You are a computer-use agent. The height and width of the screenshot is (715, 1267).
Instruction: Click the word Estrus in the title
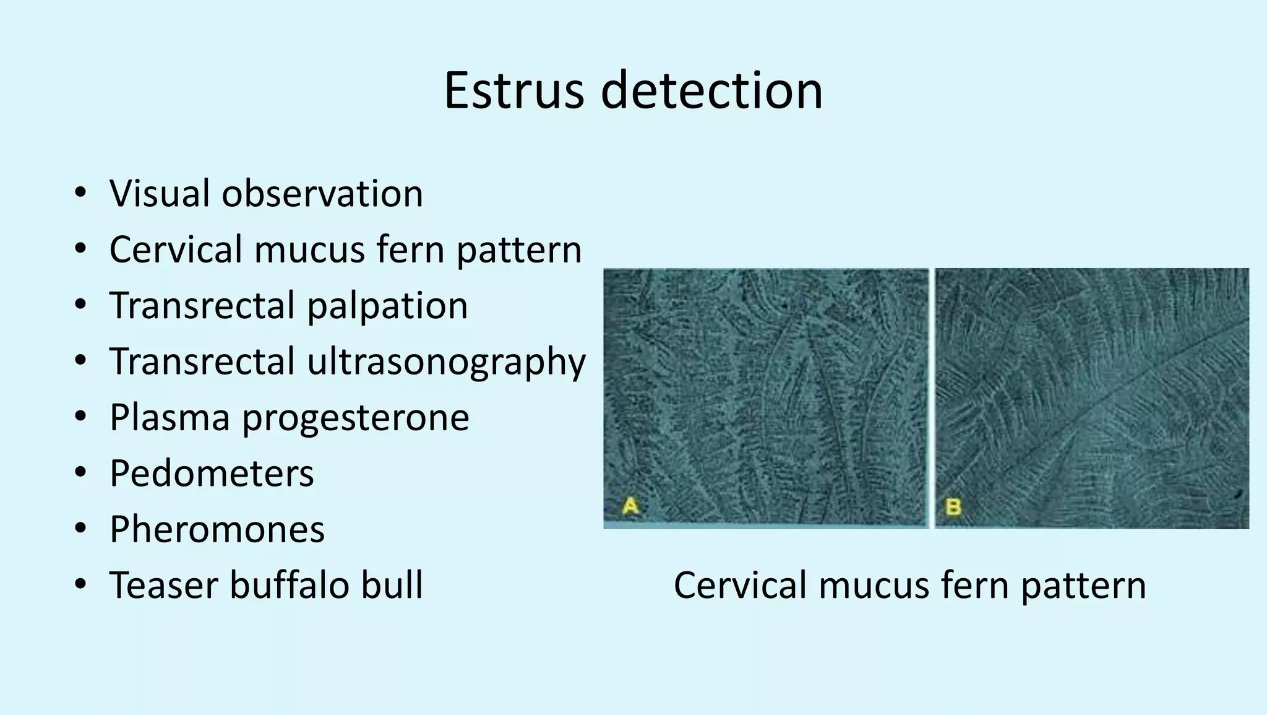(x=513, y=91)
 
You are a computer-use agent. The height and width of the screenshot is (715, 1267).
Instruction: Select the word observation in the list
(x=322, y=193)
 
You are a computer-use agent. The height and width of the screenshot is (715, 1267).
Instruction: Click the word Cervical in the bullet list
(x=176, y=249)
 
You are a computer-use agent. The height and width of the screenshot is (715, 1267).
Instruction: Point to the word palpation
(x=387, y=306)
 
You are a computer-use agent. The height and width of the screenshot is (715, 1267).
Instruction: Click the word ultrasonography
(x=446, y=362)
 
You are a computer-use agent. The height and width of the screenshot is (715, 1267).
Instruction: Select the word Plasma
(x=170, y=417)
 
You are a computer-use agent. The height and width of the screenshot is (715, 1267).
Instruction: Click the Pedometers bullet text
(x=212, y=474)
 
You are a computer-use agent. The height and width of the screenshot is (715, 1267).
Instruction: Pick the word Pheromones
(x=217, y=529)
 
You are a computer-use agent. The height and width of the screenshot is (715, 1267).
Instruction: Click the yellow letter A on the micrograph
(x=630, y=506)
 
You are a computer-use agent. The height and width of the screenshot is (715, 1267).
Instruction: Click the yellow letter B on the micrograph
(x=953, y=507)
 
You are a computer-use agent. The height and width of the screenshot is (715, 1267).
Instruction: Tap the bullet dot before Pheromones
(x=80, y=529)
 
